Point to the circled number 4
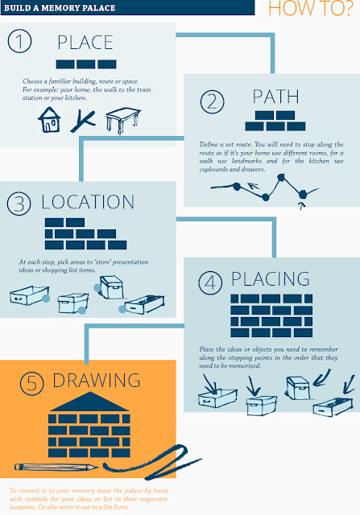(210, 281)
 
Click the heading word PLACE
(85, 43)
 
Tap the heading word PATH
(275, 97)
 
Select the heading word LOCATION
(87, 201)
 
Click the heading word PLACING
(271, 280)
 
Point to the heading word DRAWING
(96, 380)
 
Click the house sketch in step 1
(51, 121)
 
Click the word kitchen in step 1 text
(84, 98)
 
